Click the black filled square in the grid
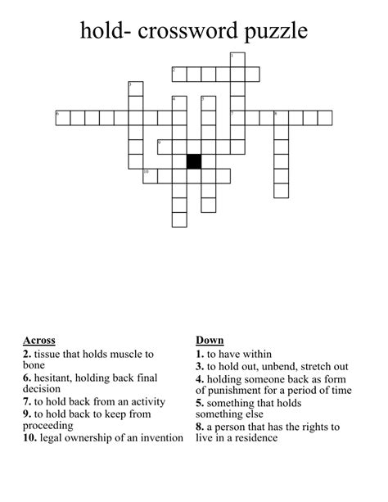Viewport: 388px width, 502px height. (x=194, y=161)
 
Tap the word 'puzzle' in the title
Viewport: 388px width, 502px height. (x=275, y=33)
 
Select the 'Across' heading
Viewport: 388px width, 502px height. (x=39, y=340)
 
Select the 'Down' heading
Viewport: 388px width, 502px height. (x=210, y=340)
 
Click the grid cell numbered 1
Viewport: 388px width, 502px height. (x=237, y=60)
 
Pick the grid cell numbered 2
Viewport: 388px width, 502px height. (x=178, y=75)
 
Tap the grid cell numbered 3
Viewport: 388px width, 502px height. (x=135, y=88)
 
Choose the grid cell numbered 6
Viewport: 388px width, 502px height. (x=62, y=118)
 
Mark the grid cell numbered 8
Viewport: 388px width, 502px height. (x=281, y=118)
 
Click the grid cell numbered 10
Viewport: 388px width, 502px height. (x=150, y=176)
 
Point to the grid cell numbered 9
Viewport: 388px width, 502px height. (x=164, y=147)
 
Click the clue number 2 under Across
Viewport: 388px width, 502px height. (x=27, y=354)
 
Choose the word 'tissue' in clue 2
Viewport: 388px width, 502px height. (x=50, y=354)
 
